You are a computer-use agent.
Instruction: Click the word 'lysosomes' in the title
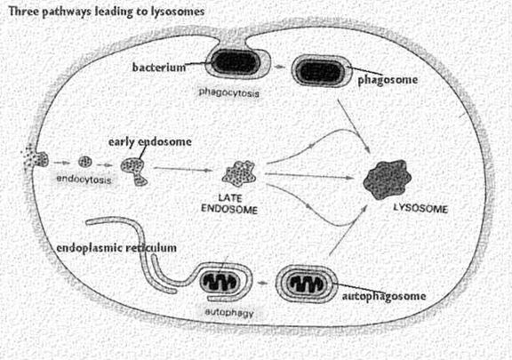coord(178,12)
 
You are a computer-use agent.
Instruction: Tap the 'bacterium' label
coord(159,68)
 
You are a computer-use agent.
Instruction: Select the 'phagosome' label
coord(388,80)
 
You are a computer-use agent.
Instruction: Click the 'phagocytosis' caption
coord(229,92)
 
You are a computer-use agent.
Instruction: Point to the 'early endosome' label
coord(150,142)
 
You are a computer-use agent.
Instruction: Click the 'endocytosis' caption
coord(84,180)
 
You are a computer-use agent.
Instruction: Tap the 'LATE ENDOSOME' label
coord(229,204)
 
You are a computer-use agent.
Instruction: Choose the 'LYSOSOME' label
coord(420,208)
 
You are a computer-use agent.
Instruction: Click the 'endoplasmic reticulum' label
coord(116,248)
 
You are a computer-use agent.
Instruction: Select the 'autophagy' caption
coord(229,313)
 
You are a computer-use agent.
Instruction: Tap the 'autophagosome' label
coord(384,296)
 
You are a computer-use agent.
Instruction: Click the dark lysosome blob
coord(388,180)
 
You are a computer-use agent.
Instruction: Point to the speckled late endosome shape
coord(239,173)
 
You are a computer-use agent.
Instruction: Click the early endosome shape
coord(134,172)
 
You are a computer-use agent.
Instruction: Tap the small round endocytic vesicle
coord(85,162)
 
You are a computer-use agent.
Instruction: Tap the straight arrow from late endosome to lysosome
coord(309,176)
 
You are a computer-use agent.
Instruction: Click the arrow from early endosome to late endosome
coord(181,169)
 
